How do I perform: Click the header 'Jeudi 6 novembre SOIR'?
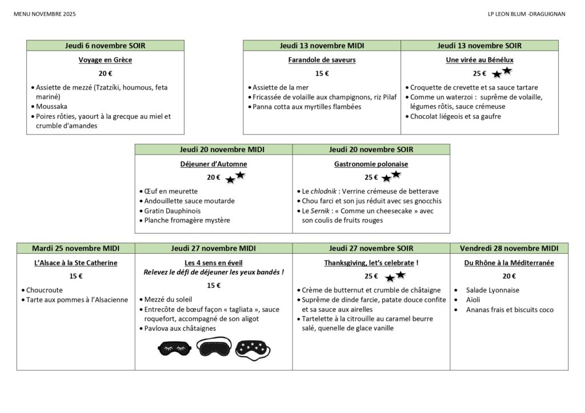coord(105,46)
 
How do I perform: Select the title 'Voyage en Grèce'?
coord(105,59)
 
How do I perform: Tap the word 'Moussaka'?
coord(51,107)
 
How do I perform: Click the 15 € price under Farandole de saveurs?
coord(322,73)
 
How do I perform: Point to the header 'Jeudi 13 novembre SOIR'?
coord(479,46)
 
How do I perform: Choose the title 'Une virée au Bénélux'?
coord(479,59)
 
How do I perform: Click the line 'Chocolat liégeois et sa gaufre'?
coord(455,116)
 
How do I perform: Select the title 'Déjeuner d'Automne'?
coord(214,164)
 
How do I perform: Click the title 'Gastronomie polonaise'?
coord(371,164)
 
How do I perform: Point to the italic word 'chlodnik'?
coord(324,191)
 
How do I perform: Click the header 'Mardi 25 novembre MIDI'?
coord(75,248)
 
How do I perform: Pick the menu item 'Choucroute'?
coord(45,290)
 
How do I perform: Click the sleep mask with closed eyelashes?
coord(175,347)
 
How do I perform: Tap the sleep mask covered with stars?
coord(253,347)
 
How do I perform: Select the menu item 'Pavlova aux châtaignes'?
coord(180,328)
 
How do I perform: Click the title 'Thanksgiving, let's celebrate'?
coord(368,263)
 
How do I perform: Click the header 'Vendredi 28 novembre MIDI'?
coord(509,248)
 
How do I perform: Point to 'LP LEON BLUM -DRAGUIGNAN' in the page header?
coord(523,14)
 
